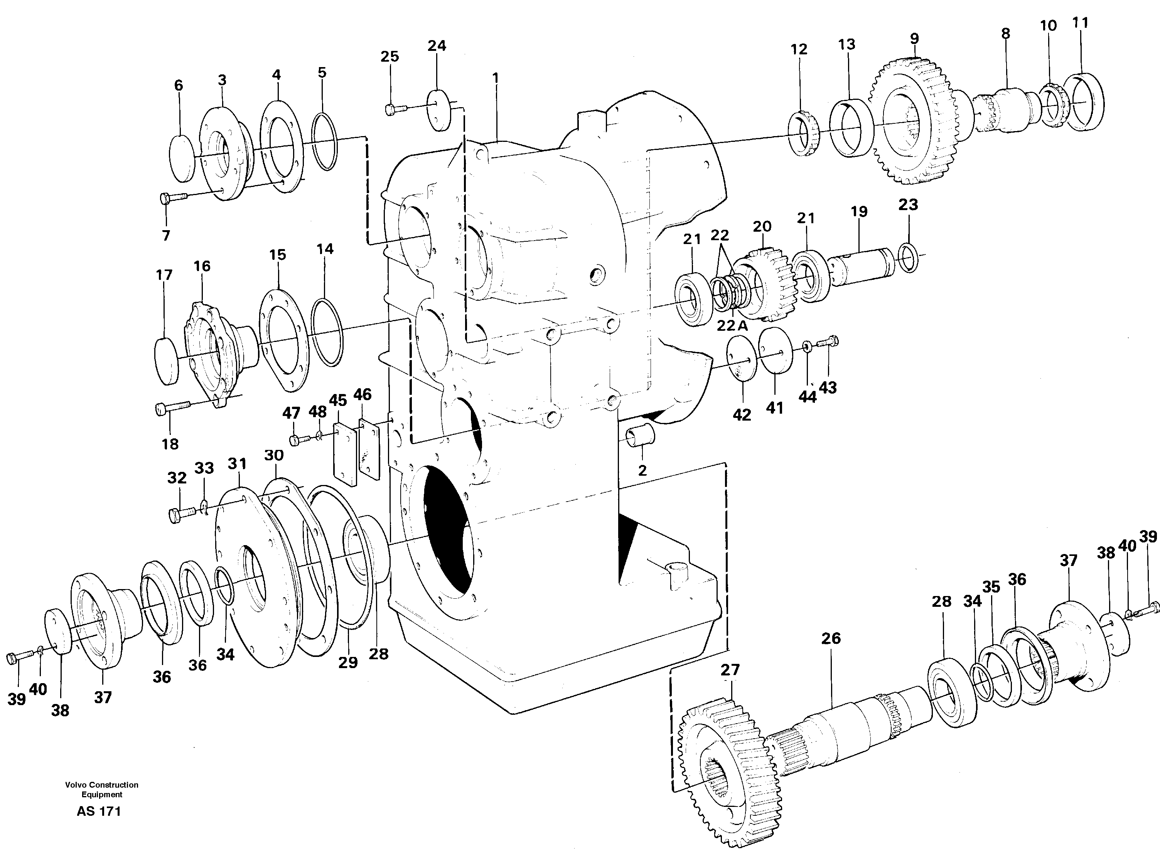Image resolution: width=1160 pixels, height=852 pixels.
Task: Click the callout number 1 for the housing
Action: [495, 78]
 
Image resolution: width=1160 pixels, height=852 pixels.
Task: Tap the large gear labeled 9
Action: [913, 124]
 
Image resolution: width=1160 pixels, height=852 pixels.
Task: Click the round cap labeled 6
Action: [182, 158]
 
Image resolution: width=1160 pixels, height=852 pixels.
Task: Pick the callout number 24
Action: [437, 46]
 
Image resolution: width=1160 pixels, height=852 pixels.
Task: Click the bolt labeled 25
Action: [395, 108]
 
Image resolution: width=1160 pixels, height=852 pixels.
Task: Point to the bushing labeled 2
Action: [639, 436]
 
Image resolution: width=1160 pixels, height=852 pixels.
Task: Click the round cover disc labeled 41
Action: [775, 350]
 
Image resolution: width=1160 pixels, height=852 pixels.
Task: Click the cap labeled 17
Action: [167, 360]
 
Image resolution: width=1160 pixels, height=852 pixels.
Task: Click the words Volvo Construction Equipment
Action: [101, 790]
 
